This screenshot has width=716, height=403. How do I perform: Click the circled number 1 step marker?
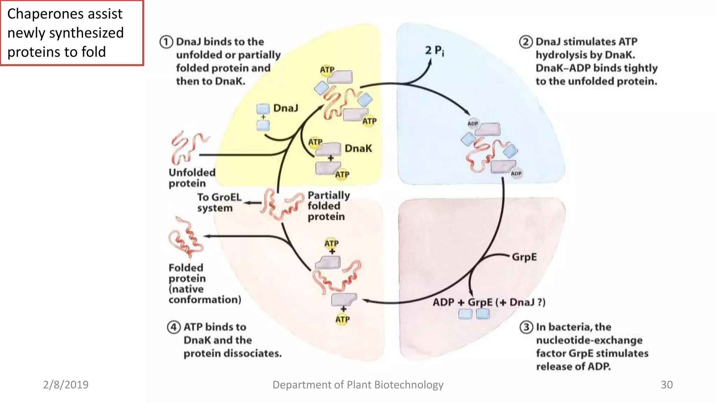pyautogui.click(x=166, y=42)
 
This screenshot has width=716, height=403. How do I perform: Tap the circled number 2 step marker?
pyautogui.click(x=525, y=42)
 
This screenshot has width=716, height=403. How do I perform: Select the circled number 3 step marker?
pyautogui.click(x=526, y=327)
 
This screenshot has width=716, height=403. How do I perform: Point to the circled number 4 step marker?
pyautogui.click(x=174, y=327)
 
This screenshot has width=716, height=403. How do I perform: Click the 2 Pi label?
pyautogui.click(x=434, y=51)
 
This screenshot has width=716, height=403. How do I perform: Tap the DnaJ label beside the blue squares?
pyautogui.click(x=286, y=108)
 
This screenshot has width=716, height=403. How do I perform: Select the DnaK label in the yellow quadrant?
pyautogui.click(x=358, y=148)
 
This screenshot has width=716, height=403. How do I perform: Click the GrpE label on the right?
pyautogui.click(x=524, y=257)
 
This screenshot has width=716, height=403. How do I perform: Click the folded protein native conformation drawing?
pyautogui.click(x=185, y=238)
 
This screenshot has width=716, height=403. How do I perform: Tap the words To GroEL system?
pyautogui.click(x=219, y=203)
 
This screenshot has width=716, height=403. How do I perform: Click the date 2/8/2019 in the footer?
pyautogui.click(x=66, y=385)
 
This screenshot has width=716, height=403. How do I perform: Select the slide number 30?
pyautogui.click(x=666, y=385)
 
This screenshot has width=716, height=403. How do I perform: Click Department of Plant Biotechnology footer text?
pyautogui.click(x=358, y=385)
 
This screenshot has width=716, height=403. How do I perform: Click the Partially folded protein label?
pyautogui.click(x=328, y=206)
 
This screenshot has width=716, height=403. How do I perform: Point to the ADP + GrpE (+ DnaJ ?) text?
pyautogui.click(x=489, y=302)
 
